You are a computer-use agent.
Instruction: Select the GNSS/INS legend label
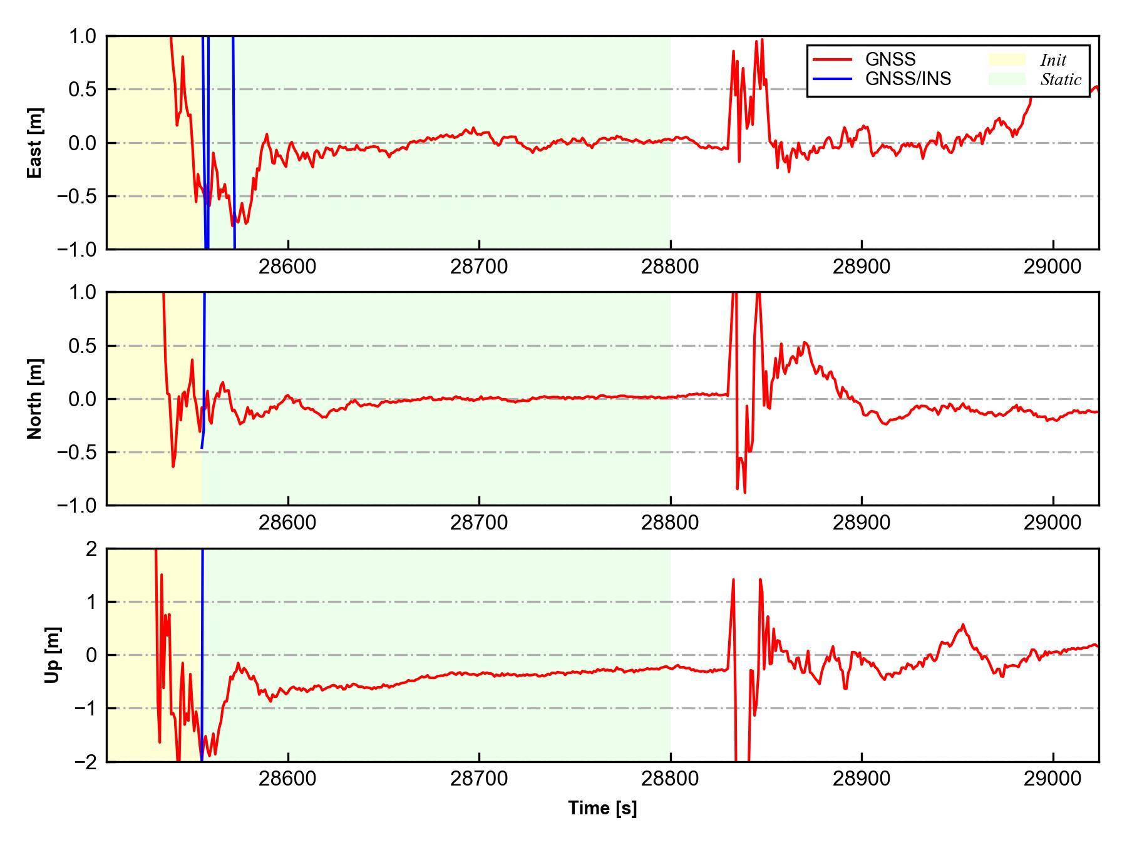click(908, 79)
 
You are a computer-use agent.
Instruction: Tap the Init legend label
click(1053, 60)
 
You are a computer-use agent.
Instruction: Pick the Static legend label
click(1061, 79)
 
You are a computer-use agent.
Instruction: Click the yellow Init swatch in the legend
click(1007, 59)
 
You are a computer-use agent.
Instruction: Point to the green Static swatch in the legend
click(1007, 79)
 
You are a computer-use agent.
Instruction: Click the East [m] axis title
click(35, 143)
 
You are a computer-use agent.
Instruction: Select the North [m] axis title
click(35, 399)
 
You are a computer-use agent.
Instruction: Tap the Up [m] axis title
click(53, 655)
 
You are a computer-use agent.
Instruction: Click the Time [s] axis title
click(602, 808)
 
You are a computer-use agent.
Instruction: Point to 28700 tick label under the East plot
click(479, 267)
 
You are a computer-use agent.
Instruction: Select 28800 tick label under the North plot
click(670, 523)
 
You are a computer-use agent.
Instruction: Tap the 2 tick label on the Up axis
click(91, 549)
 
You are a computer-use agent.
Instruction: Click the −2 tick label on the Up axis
click(85, 762)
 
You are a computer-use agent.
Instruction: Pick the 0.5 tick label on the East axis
click(83, 90)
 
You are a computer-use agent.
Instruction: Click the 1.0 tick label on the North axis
click(83, 292)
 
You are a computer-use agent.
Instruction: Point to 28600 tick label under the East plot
click(287, 267)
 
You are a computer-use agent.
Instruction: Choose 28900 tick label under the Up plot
click(862, 779)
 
